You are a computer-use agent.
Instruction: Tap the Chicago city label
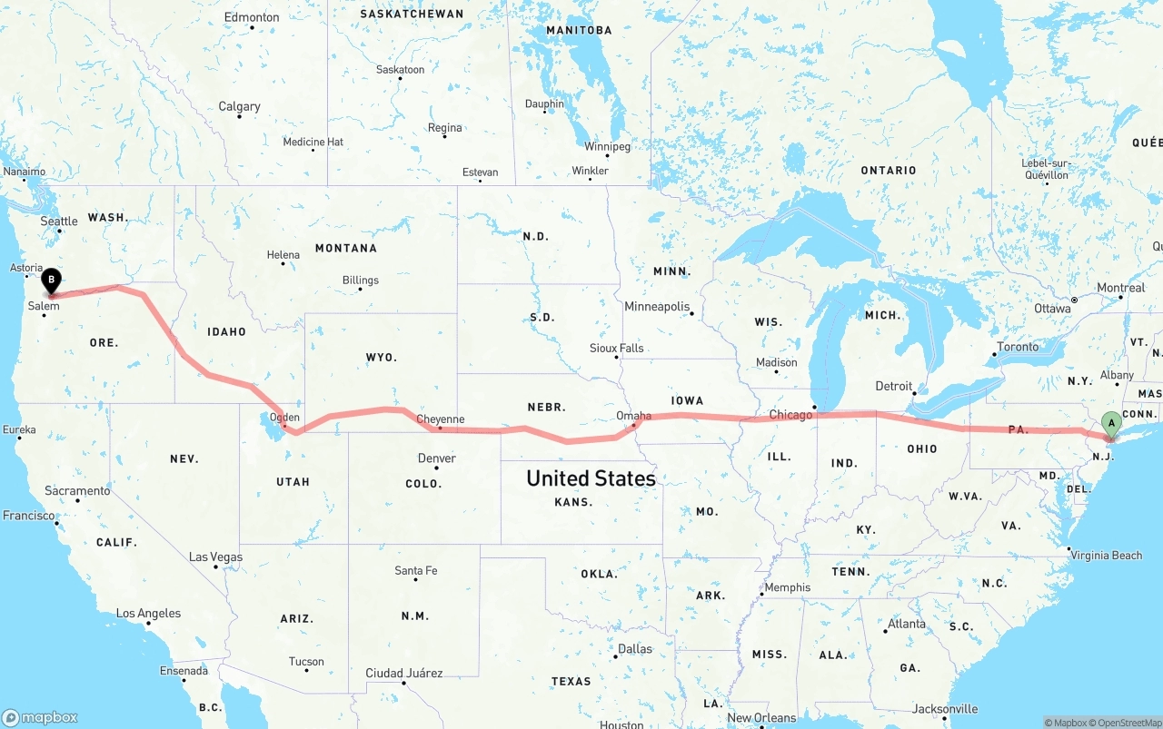pyautogui.click(x=790, y=415)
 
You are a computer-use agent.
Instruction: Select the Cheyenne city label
pyautogui.click(x=441, y=419)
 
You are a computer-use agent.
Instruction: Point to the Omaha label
pyautogui.click(x=633, y=416)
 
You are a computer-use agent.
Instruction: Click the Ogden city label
pyautogui.click(x=284, y=419)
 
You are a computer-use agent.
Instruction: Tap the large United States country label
pyautogui.click(x=591, y=478)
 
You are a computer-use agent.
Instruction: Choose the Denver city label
pyautogui.click(x=436, y=458)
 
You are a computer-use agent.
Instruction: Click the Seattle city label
pyautogui.click(x=59, y=221)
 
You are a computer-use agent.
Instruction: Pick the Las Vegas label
pyautogui.click(x=215, y=557)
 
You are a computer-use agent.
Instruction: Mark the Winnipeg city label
pyautogui.click(x=607, y=146)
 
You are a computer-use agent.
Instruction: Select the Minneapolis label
pyautogui.click(x=657, y=307)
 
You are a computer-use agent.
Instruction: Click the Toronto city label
pyautogui.click(x=1018, y=347)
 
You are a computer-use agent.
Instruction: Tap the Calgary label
pyautogui.click(x=239, y=106)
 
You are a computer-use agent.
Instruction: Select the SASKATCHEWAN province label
pyautogui.click(x=412, y=14)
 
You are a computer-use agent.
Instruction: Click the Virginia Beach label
pyautogui.click(x=1106, y=555)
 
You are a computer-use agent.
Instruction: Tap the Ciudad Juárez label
pyautogui.click(x=403, y=673)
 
